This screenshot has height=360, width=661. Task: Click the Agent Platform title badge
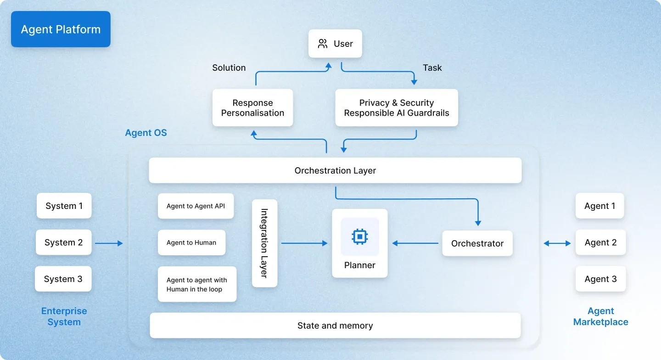point(61,29)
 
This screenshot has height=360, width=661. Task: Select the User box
point(335,44)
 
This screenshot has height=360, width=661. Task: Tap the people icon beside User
point(323,44)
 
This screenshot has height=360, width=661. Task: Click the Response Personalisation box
point(252,108)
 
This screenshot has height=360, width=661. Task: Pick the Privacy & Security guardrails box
point(397,108)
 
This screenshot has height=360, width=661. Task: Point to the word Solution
point(229,68)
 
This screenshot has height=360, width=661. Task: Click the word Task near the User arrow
point(432,68)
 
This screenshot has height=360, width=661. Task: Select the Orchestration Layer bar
point(335,171)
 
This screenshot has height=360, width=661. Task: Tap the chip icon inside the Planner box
point(359,236)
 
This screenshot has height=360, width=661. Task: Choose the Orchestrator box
point(477,243)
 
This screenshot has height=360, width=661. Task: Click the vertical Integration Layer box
point(264,243)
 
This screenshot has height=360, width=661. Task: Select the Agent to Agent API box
point(196,206)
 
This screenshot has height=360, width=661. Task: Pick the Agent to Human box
point(191,242)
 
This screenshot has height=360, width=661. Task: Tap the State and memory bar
point(335,326)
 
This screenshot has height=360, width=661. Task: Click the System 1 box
point(64,206)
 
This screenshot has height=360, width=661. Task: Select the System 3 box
point(63,279)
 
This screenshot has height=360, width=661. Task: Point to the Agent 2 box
point(600,242)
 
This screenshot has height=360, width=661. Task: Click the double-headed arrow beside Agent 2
point(557,243)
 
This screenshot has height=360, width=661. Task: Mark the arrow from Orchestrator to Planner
point(415,243)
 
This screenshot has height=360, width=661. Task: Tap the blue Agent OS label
point(146,133)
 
